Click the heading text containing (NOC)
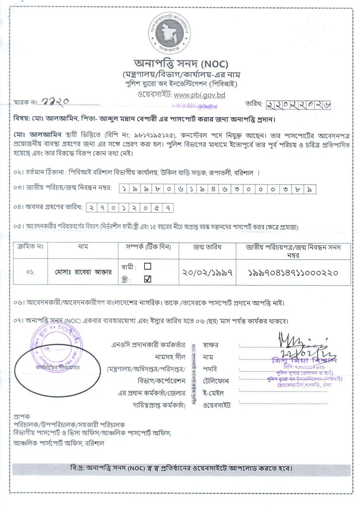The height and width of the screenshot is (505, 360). [x=181, y=64]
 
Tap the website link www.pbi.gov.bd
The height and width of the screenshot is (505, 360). [x=199, y=95]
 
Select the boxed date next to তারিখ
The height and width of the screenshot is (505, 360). [x=298, y=105]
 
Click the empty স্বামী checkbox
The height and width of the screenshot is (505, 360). [x=147, y=267]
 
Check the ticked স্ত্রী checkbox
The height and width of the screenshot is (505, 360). [x=147, y=279]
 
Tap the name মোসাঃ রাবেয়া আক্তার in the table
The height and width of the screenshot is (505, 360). [x=83, y=272]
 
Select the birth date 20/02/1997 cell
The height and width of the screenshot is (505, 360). [x=207, y=273]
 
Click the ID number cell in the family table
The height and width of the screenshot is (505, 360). [x=293, y=273]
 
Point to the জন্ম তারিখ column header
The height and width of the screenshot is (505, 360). [x=207, y=247]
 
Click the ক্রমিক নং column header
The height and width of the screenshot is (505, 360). [x=30, y=247]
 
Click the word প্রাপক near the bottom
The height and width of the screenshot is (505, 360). [x=22, y=417]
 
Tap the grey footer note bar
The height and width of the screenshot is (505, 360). [x=181, y=468]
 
